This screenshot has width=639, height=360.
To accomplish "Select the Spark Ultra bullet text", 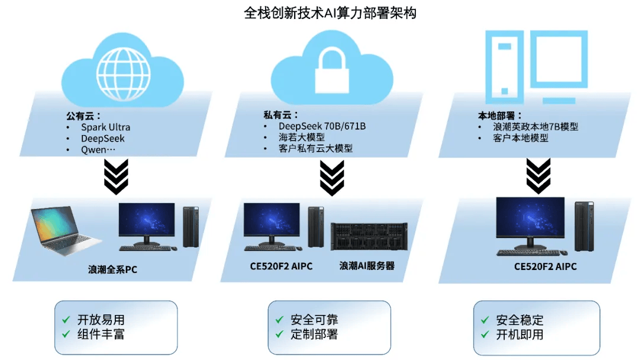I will (x=105, y=127).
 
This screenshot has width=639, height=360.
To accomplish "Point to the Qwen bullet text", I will (x=98, y=150).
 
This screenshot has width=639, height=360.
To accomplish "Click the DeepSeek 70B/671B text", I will (x=322, y=126).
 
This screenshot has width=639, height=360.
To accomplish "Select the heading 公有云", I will (x=83, y=115).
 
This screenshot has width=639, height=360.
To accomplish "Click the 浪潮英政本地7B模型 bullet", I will (x=535, y=127).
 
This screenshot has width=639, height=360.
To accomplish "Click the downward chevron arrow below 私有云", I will (x=332, y=177).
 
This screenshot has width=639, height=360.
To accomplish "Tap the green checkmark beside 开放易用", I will (x=66, y=319).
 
